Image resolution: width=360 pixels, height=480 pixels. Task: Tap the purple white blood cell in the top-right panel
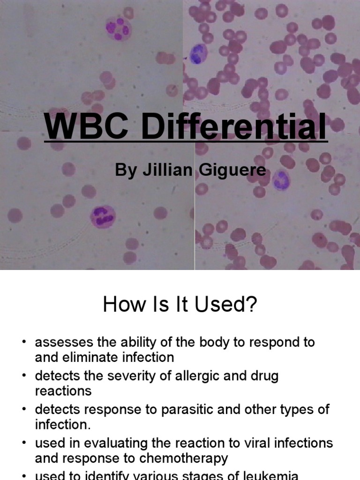[x=199, y=53]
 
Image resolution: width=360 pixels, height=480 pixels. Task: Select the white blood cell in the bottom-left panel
[x=103, y=216]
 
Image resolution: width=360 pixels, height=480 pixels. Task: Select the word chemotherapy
[x=186, y=458]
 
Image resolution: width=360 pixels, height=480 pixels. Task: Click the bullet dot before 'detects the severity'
[x=24, y=376]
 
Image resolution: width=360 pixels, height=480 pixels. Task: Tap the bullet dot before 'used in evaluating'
[x=24, y=443]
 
